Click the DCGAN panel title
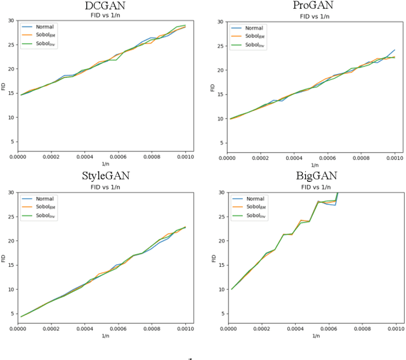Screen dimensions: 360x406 [x=105, y=6]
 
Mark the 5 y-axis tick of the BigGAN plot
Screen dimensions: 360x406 [x=222, y=314]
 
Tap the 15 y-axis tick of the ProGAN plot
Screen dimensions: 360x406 [x=220, y=94]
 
